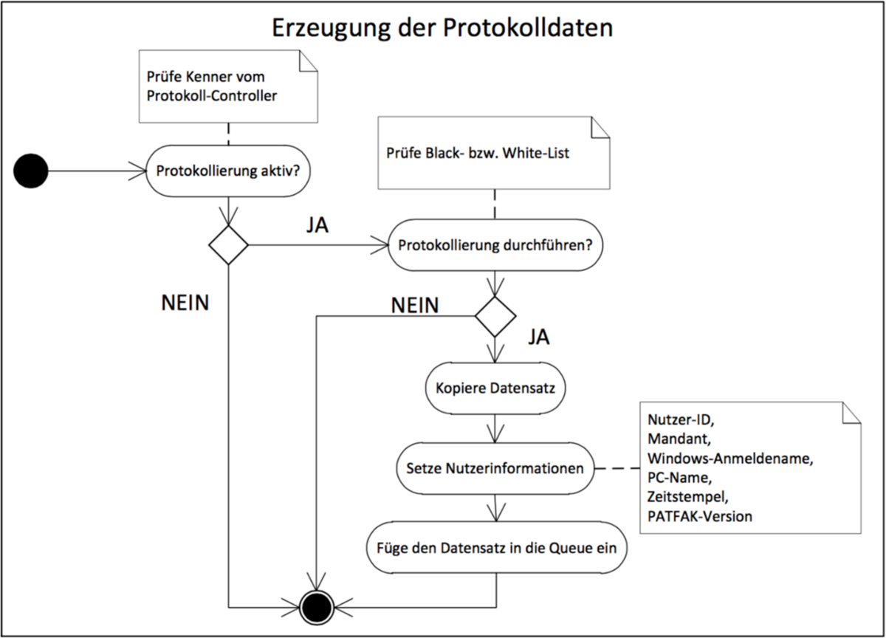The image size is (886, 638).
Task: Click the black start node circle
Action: click(x=30, y=171)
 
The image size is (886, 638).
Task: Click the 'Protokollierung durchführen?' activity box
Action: click(x=495, y=246)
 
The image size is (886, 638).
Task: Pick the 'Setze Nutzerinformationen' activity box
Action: click(x=495, y=468)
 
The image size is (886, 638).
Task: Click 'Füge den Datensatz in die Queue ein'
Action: click(x=495, y=548)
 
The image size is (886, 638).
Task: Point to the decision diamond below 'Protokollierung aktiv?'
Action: click(x=229, y=246)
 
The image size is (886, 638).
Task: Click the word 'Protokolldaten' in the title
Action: click(x=528, y=28)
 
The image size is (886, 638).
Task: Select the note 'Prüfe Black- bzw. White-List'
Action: click(x=495, y=154)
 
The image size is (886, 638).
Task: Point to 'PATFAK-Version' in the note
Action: click(x=700, y=516)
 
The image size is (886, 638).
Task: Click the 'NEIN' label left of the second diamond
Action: click(x=413, y=304)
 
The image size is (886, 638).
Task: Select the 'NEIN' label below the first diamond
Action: click(x=185, y=303)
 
